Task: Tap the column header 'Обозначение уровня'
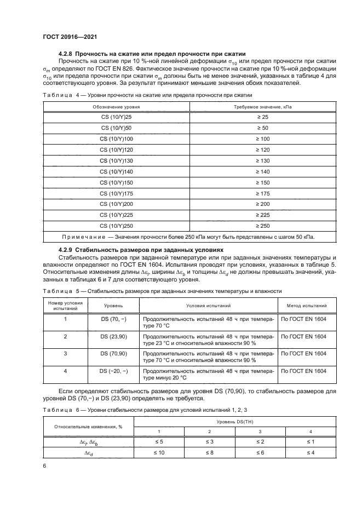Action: (x=116, y=107)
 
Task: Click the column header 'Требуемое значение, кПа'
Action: (x=263, y=107)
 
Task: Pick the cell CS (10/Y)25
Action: (x=116, y=117)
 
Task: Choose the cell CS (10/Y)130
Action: (x=116, y=160)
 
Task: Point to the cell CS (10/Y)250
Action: (x=116, y=226)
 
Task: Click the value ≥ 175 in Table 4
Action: (x=263, y=193)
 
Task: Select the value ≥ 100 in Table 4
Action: (x=263, y=139)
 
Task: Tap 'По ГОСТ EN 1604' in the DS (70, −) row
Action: (x=303, y=318)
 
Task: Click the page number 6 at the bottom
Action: (x=45, y=465)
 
